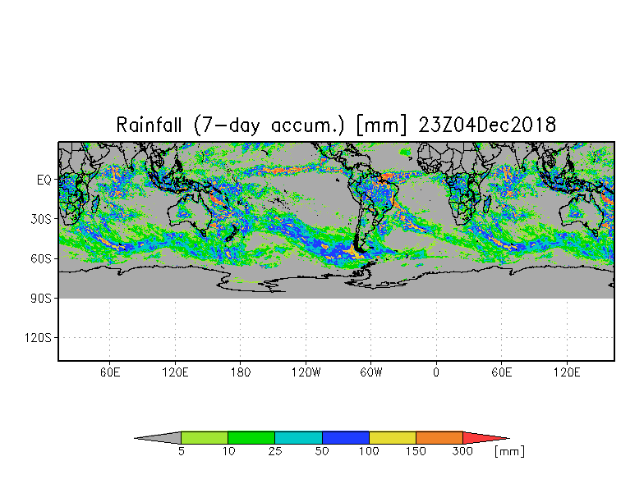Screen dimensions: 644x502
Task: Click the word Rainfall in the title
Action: click(x=149, y=125)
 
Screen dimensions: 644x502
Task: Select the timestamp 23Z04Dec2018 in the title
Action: click(x=487, y=125)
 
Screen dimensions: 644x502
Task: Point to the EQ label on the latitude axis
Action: click(x=44, y=180)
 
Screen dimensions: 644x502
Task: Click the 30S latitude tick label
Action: click(x=41, y=219)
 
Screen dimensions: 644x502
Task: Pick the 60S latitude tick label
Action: click(x=41, y=259)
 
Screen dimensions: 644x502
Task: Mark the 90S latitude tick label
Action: click(x=41, y=299)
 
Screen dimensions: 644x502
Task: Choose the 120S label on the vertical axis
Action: click(x=38, y=338)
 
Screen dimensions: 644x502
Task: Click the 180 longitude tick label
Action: click(x=240, y=372)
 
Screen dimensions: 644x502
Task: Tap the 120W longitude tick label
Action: click(x=306, y=372)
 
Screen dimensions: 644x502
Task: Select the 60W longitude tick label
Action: click(x=371, y=372)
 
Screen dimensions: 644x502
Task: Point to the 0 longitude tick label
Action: click(x=436, y=372)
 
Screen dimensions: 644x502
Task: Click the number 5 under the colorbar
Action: click(x=181, y=451)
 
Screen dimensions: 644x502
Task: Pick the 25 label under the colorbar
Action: click(x=274, y=451)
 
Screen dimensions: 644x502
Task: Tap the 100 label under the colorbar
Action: click(x=369, y=451)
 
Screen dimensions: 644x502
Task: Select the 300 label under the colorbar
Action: click(x=462, y=451)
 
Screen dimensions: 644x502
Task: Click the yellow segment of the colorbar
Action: click(x=393, y=438)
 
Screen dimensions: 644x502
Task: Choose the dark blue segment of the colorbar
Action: click(x=345, y=438)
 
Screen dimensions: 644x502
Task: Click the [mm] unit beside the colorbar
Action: click(x=509, y=451)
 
